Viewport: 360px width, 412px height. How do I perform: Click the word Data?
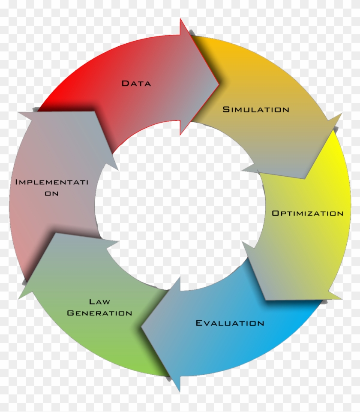point(136,83)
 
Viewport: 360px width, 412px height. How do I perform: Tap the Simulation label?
point(256,109)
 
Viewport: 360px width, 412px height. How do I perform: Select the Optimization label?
point(307,213)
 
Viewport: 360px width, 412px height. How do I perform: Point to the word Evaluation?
point(230,323)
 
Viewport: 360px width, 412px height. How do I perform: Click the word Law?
point(99,302)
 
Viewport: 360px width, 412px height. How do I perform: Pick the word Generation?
point(99,313)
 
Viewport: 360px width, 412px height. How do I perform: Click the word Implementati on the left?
point(52,182)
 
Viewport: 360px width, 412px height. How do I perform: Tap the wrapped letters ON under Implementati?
point(52,193)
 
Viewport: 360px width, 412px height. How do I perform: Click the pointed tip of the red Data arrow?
point(219,84)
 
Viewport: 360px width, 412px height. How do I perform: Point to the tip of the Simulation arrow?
point(305,179)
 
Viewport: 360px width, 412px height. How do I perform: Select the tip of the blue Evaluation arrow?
point(142,328)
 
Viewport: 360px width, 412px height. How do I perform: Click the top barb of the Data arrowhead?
point(180,19)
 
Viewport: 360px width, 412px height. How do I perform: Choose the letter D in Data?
point(125,83)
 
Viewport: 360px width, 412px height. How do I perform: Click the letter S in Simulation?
point(226,109)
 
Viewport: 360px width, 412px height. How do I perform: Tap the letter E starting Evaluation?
point(199,323)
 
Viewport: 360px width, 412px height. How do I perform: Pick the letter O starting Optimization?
point(275,213)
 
